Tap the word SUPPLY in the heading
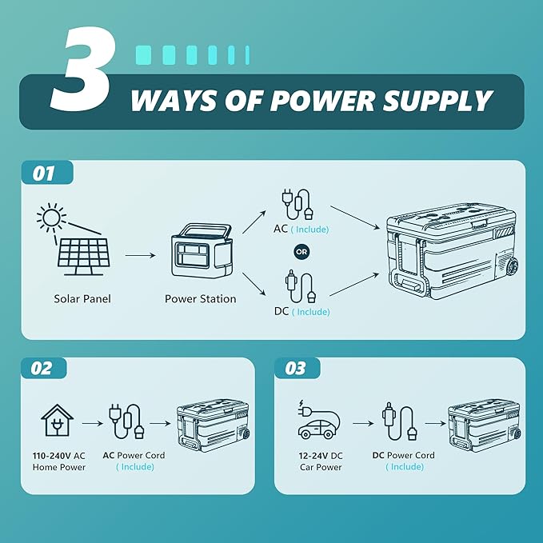tap(437, 101)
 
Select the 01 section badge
tap(47, 173)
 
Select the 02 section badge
tap(44, 368)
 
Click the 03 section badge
tap(297, 368)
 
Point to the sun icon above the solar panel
tap(51, 218)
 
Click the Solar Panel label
tap(82, 299)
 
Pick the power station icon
tap(201, 250)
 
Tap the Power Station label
tap(201, 299)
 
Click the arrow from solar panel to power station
tap(140, 256)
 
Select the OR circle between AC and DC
tap(301, 252)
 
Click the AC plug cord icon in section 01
tap(297, 204)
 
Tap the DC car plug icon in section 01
tap(301, 287)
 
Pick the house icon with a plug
tap(57, 420)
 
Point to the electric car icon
tap(318, 420)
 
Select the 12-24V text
tap(313, 456)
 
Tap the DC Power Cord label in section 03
tap(403, 455)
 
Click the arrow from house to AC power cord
tap(93, 423)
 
